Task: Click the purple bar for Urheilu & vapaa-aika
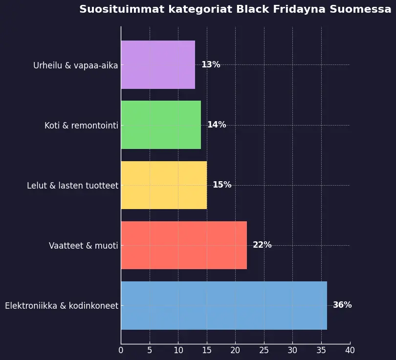click(158, 64)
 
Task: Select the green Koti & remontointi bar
click(161, 125)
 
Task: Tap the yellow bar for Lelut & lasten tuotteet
click(164, 185)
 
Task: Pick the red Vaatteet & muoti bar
click(184, 245)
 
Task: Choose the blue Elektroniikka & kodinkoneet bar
click(224, 305)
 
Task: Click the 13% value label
click(211, 64)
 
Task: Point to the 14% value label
click(217, 125)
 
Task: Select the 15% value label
click(222, 185)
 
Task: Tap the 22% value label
click(262, 245)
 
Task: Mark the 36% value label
click(342, 305)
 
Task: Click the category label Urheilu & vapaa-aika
click(75, 65)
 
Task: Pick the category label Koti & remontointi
click(81, 126)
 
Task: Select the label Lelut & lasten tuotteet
click(72, 186)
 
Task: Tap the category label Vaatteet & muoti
click(83, 246)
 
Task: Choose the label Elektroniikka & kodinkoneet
click(62, 306)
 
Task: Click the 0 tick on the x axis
click(121, 350)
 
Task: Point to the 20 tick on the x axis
click(235, 350)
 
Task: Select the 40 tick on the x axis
click(350, 350)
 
